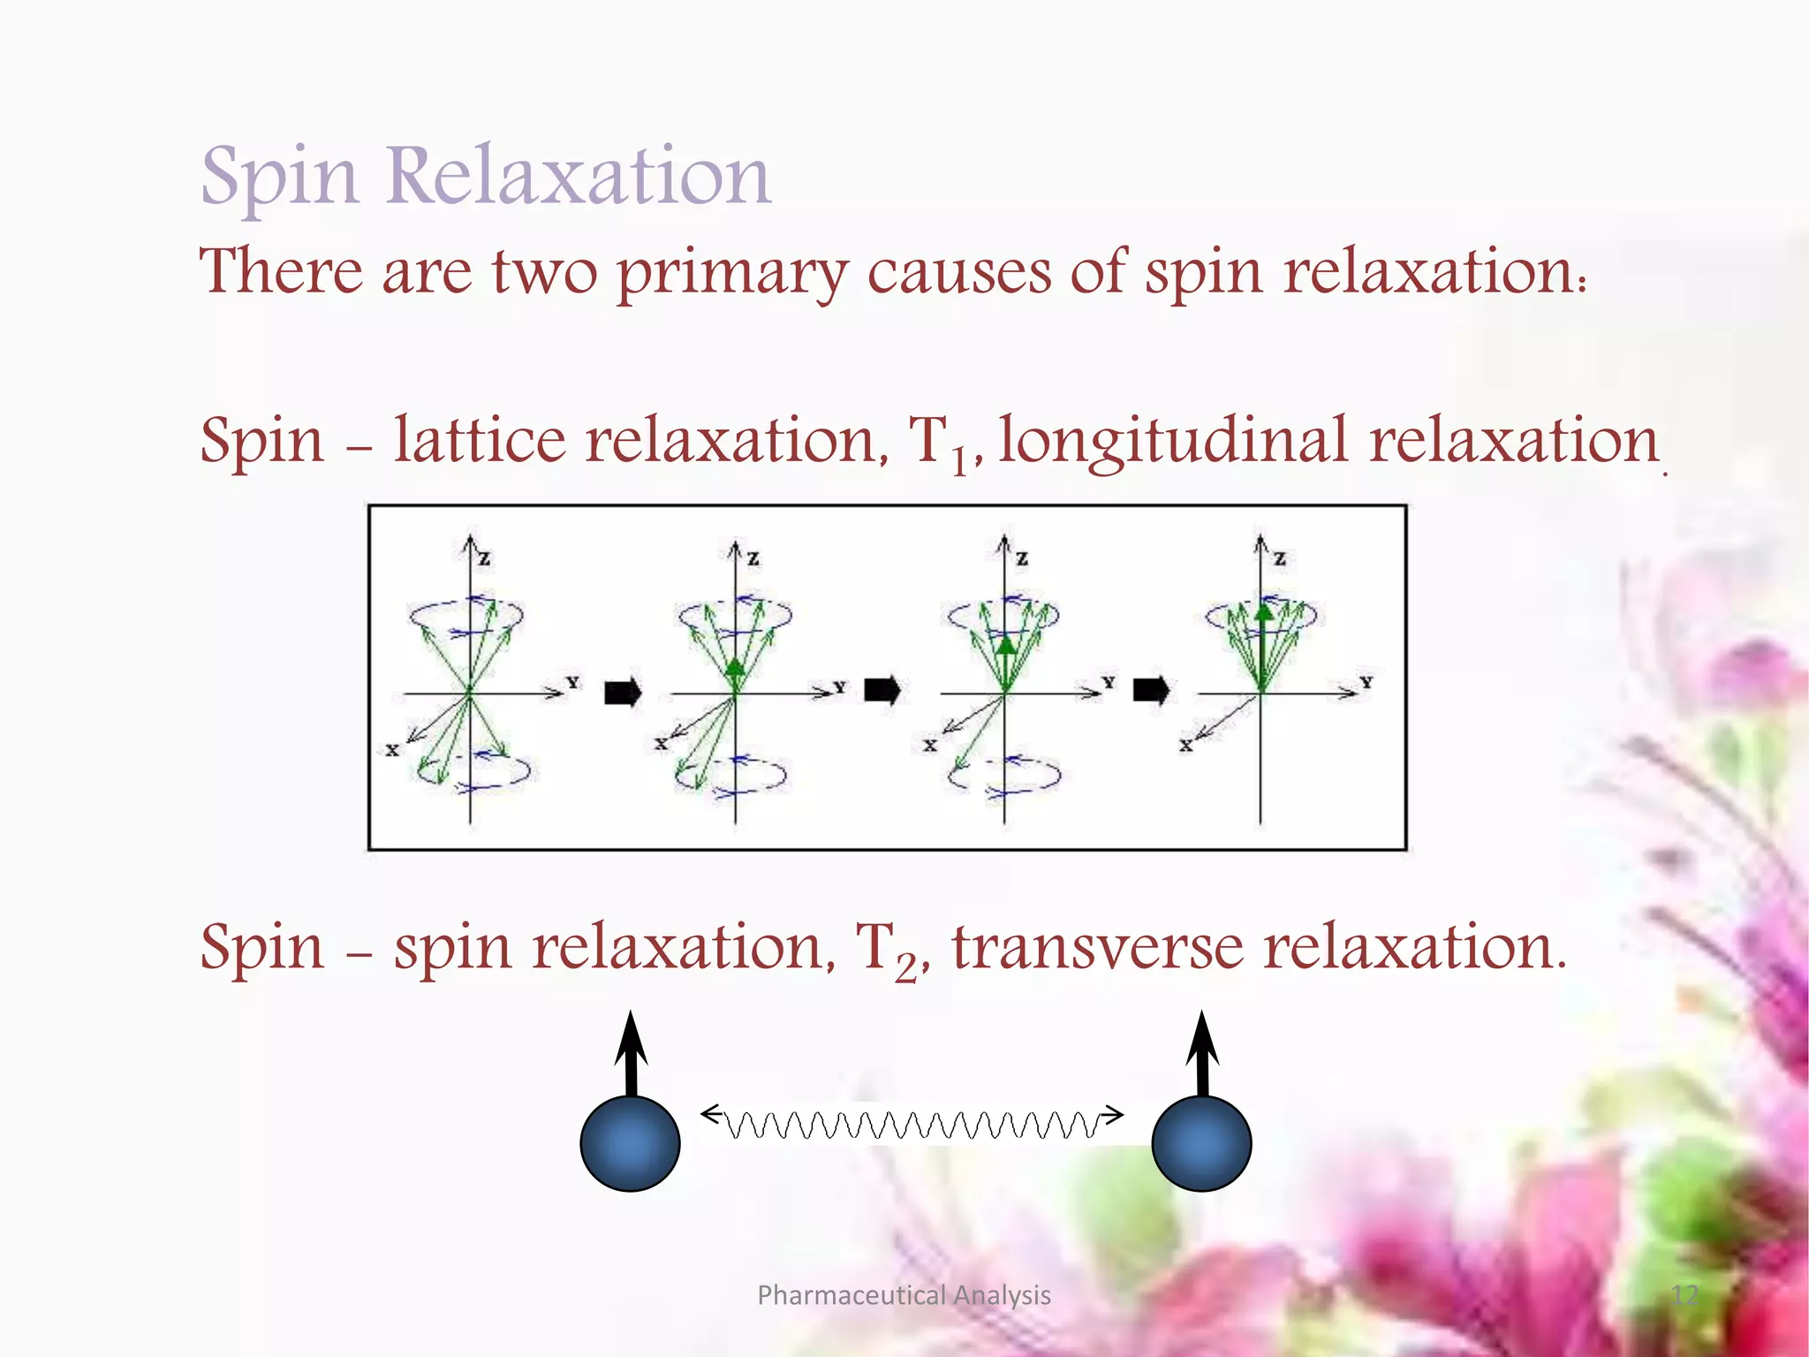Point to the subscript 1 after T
959,461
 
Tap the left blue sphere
630,1143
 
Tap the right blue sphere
1201,1143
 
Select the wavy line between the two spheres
912,1124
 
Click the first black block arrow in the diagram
623,692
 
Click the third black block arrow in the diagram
1151,690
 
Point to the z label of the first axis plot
485,558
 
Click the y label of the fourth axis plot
1366,682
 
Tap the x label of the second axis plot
661,744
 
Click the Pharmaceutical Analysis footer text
904,1295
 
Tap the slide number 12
1684,1295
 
